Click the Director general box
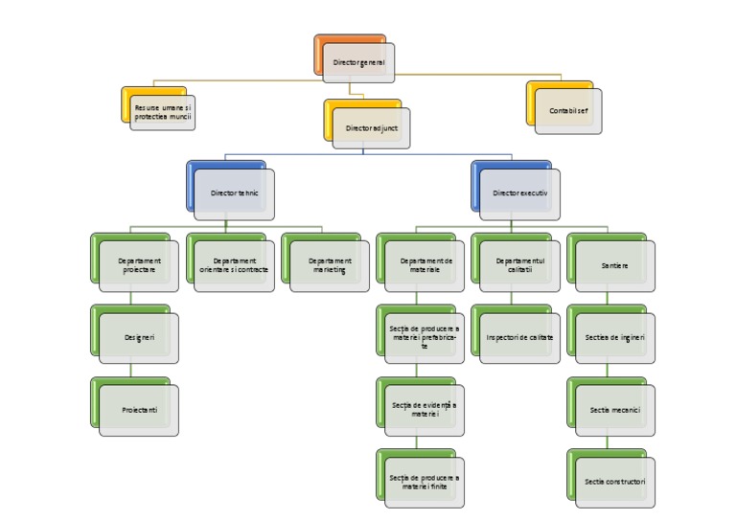357,62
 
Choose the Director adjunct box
371,126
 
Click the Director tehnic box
235,192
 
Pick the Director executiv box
520,192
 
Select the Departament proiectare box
139,265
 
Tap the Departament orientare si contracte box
235,265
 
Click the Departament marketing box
330,265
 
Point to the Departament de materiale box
425,265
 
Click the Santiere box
615,265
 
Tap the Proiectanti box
139,410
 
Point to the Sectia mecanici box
615,410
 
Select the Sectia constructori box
615,482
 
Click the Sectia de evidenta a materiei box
425,410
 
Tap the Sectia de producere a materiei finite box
425,482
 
